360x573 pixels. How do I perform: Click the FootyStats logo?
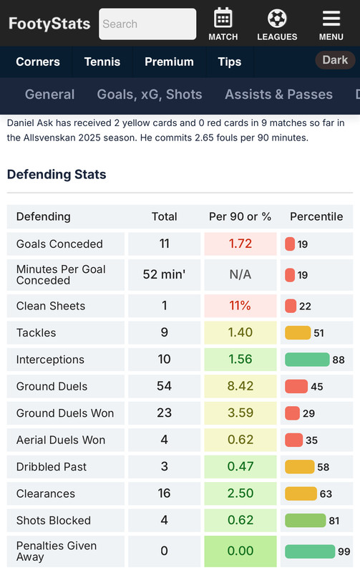point(49,24)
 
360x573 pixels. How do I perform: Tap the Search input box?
point(147,24)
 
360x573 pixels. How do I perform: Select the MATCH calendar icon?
point(223,17)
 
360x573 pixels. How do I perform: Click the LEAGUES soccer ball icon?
point(277,19)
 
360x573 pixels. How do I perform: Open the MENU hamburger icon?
point(331,19)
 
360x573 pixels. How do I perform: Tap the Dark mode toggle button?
point(335,60)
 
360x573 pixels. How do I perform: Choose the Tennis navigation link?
point(102,62)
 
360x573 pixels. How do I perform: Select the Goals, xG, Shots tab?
point(150,95)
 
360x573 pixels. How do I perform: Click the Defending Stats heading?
point(57,174)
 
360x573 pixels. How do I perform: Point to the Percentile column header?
point(316,217)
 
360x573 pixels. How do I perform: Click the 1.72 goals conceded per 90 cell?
point(240,244)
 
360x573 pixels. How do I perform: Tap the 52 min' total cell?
point(165,274)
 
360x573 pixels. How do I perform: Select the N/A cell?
point(240,274)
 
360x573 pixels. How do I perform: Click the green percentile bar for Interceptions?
point(307,360)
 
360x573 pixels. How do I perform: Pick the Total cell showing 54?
point(165,386)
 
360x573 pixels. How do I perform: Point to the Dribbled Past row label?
point(52,467)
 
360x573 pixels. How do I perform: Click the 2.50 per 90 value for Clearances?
point(240,493)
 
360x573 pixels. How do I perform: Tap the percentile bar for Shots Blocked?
point(305,521)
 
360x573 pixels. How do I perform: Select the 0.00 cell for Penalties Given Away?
point(240,551)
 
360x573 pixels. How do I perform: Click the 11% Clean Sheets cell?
point(240,306)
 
